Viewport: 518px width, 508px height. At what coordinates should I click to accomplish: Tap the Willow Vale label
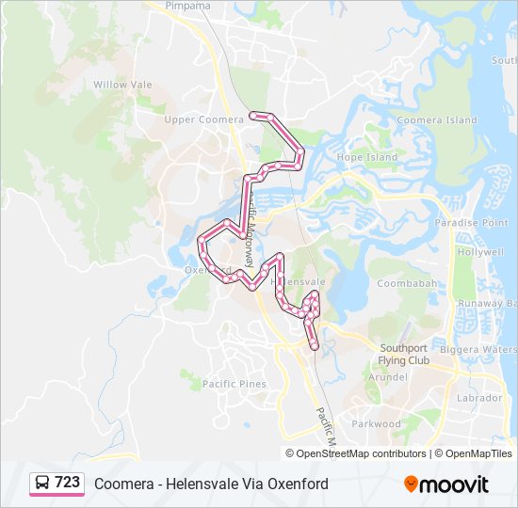click(122, 84)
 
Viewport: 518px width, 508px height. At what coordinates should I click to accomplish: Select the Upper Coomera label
click(192, 119)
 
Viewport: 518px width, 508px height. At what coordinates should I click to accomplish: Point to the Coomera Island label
click(437, 120)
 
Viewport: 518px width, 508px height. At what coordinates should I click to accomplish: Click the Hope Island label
click(367, 157)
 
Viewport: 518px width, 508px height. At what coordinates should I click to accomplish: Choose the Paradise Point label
click(472, 223)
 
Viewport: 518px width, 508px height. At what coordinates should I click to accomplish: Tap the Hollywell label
click(481, 253)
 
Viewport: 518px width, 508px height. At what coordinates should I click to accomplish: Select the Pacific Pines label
click(235, 384)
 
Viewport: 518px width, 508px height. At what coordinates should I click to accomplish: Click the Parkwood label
click(376, 423)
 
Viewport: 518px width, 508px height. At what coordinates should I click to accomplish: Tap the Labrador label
click(479, 398)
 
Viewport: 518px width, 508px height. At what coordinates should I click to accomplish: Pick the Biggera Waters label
click(486, 349)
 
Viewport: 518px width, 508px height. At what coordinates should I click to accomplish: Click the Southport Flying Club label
click(404, 354)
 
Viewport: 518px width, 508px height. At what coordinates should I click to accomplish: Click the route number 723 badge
click(67, 483)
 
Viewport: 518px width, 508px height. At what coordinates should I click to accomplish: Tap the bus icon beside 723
click(41, 483)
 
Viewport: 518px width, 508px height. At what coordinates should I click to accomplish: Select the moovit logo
click(446, 484)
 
